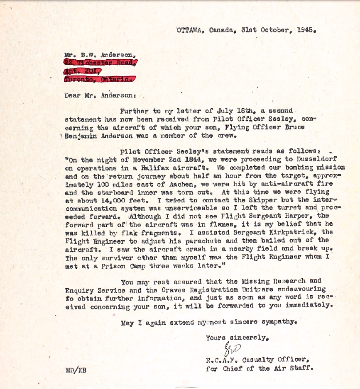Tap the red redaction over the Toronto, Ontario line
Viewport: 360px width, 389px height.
coord(99,78)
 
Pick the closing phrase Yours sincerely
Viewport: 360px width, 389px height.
coord(238,338)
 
